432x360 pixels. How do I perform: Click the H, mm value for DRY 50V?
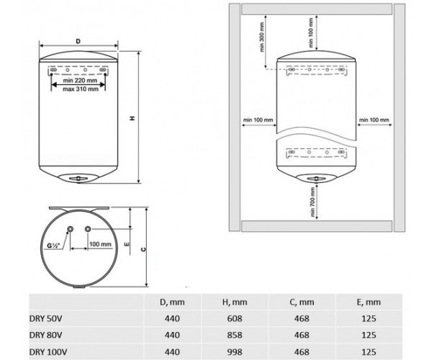pyautogui.click(x=235, y=318)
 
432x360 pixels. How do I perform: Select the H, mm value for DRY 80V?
pyautogui.click(x=235, y=335)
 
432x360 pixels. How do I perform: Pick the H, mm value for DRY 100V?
pyautogui.click(x=235, y=352)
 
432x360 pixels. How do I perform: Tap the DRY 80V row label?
pyautogui.click(x=46, y=335)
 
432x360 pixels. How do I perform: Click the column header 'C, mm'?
pyautogui.click(x=302, y=302)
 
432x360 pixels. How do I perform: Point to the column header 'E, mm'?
pyautogui.click(x=369, y=302)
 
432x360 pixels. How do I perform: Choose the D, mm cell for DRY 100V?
pyautogui.click(x=172, y=352)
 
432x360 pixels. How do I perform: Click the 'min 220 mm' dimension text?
pyautogui.click(x=80, y=81)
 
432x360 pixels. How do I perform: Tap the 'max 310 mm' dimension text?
pyautogui.click(x=81, y=89)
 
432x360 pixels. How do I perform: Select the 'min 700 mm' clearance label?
pyautogui.click(x=312, y=202)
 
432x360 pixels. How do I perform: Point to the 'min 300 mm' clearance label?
pyautogui.click(x=262, y=37)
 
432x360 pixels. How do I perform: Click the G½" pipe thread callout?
pyautogui.click(x=53, y=246)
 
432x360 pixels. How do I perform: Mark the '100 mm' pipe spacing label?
pyautogui.click(x=100, y=244)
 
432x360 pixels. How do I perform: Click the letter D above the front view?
pyautogui.click(x=78, y=41)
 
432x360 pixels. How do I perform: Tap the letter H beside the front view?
pyautogui.click(x=132, y=118)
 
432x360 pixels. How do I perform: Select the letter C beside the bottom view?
pyautogui.click(x=143, y=249)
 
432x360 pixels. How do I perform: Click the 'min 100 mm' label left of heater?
pyautogui.click(x=258, y=120)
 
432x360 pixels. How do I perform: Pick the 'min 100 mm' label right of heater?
pyautogui.click(x=374, y=120)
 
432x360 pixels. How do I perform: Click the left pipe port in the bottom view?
pyautogui.click(x=71, y=229)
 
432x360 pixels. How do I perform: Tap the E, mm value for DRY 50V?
pyautogui.click(x=369, y=318)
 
